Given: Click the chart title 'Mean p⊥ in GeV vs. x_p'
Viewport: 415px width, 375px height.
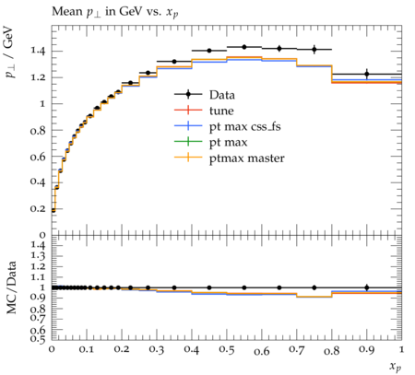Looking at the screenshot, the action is click(x=115, y=12).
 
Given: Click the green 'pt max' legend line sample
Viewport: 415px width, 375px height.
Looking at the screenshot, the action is click(x=188, y=142).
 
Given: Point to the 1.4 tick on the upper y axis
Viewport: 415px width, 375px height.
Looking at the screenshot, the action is click(x=38, y=51).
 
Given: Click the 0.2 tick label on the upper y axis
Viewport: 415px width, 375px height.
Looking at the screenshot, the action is click(x=38, y=208).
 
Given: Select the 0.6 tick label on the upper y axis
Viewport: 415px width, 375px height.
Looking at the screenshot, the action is click(x=38, y=157).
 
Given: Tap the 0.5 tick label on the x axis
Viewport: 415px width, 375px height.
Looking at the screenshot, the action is click(x=227, y=350).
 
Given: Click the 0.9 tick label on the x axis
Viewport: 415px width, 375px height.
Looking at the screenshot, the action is click(x=366, y=350).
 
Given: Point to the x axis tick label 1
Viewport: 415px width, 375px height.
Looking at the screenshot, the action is click(x=401, y=349).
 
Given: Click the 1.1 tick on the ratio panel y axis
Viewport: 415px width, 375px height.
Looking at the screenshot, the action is click(x=38, y=277).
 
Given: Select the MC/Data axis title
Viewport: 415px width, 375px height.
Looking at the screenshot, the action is click(x=12, y=287).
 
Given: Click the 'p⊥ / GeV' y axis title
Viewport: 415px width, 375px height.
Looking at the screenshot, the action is click(x=10, y=53).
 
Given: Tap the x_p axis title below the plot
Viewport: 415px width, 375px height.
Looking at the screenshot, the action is click(x=396, y=367).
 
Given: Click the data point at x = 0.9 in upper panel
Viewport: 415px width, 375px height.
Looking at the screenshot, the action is click(x=367, y=74).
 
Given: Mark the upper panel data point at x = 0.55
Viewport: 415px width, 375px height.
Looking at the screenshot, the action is click(x=244, y=47).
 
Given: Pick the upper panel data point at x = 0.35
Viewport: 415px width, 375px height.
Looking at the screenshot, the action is click(x=174, y=62).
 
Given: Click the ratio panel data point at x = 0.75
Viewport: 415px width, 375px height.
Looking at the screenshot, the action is click(x=314, y=287).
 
